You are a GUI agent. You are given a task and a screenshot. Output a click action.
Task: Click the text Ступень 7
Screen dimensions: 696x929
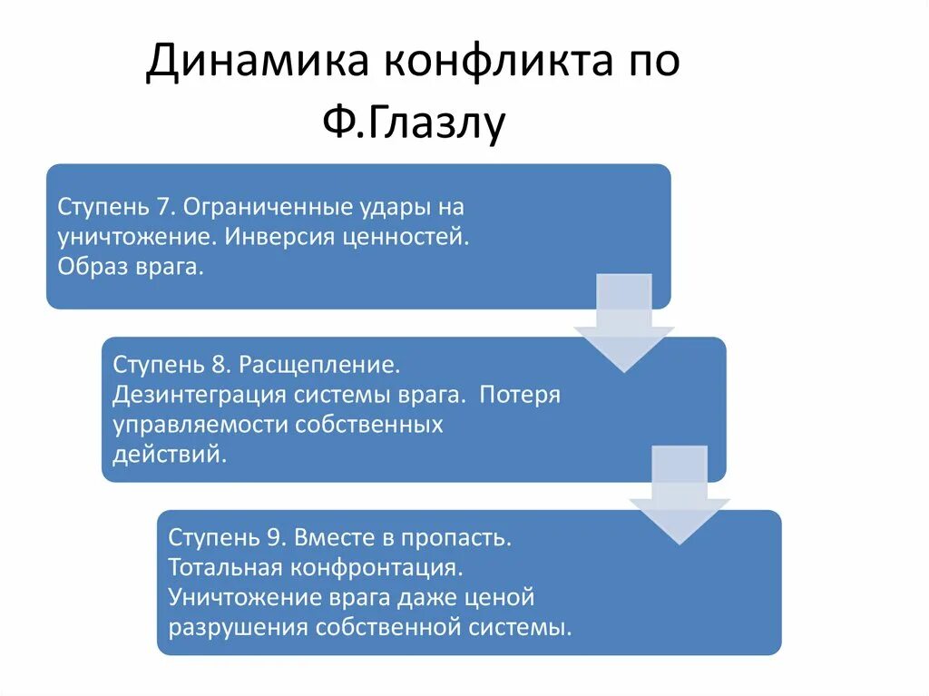116,207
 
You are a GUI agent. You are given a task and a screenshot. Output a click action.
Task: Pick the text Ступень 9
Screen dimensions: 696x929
227,537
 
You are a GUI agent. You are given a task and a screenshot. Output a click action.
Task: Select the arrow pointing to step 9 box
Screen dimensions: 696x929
680,495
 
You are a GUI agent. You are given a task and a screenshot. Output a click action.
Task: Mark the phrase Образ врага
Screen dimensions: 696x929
129,268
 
